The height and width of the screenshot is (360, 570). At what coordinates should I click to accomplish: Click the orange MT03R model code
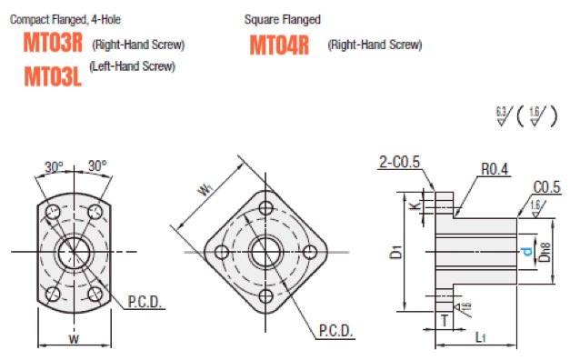click(53, 43)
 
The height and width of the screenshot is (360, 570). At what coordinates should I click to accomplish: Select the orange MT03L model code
click(53, 76)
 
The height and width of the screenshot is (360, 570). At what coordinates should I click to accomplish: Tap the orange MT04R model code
click(279, 45)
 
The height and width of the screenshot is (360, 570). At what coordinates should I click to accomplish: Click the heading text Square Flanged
click(283, 19)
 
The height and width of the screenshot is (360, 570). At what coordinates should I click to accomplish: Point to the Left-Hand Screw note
click(133, 66)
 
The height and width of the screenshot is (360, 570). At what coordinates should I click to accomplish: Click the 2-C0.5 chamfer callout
click(399, 162)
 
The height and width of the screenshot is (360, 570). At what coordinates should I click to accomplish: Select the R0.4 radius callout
click(495, 169)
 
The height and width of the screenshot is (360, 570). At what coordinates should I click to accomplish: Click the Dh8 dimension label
click(545, 252)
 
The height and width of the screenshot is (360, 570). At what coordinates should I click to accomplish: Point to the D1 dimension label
click(396, 252)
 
